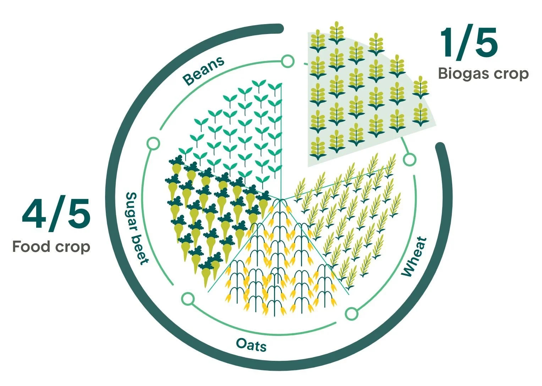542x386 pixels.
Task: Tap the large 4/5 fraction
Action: click(56, 215)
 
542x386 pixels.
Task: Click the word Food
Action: click(31, 246)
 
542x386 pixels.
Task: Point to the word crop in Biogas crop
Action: click(513, 74)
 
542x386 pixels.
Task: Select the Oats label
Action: click(251, 344)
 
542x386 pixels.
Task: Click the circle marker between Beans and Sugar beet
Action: click(153, 144)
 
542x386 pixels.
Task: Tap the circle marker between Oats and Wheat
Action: click(351, 314)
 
